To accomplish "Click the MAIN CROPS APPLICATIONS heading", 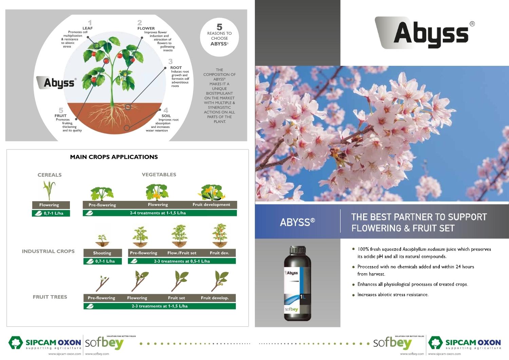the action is [114, 157].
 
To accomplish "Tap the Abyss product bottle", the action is [298, 283].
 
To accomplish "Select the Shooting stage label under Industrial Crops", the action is [102, 253].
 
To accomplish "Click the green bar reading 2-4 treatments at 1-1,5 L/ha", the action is [160, 213].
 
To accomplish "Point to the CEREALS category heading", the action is [50, 175].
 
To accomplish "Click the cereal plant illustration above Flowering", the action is [49, 190].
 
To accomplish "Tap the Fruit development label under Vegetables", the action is [211, 205].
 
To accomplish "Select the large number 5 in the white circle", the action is [219, 27].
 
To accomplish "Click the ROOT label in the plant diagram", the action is [176, 68].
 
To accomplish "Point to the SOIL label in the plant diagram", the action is [166, 116].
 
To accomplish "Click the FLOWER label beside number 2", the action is [146, 29].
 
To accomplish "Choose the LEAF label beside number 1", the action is [88, 28].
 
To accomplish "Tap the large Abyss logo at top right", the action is [425, 33].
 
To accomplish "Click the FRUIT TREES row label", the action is [50, 297].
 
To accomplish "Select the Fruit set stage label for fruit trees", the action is [176, 298].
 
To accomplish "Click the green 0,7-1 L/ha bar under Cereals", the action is [51, 213].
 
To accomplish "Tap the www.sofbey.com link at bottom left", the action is [97, 354].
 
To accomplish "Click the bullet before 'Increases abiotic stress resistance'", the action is [353, 295].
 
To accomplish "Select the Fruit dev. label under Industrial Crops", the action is [220, 253].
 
